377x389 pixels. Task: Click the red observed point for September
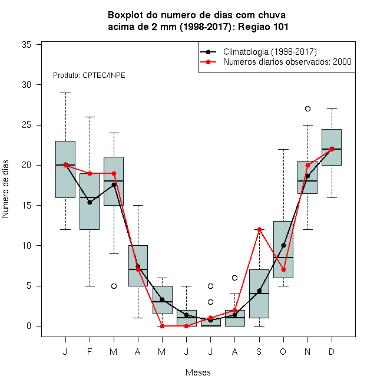259,229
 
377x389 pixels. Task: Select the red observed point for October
283,270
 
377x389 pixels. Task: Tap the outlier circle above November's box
308,108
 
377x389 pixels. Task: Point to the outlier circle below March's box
114,286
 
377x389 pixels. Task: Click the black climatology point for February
90,202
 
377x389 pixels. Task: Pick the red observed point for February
90,173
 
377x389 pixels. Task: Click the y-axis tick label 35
27,45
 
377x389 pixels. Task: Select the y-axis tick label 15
27,206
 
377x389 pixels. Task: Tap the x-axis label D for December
332,351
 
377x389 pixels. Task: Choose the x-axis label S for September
259,351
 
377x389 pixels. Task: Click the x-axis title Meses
198,372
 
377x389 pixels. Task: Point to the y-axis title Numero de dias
5,189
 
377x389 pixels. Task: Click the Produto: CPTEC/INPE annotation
89,75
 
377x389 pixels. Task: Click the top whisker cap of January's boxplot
66,93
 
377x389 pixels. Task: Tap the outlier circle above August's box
234,278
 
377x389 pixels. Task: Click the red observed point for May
162,326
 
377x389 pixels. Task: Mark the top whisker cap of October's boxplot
283,149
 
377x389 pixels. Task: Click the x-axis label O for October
283,351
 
